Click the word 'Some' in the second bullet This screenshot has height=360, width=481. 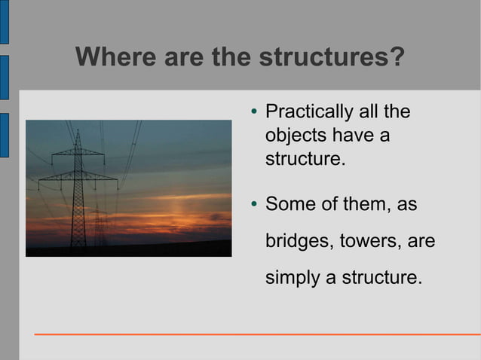(290, 204)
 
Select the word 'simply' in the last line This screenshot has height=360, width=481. (292, 278)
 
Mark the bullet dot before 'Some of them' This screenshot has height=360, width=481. (254, 206)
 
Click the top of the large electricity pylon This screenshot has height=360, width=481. (78, 131)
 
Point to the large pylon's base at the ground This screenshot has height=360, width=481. (78, 245)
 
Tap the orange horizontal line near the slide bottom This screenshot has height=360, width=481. (256, 334)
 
